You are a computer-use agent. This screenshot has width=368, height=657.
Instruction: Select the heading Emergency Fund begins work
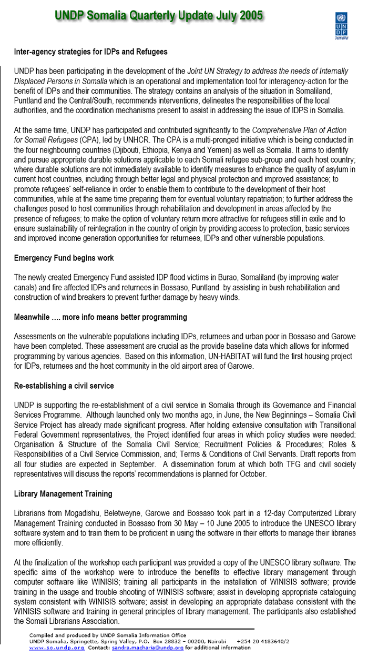pyautogui.click(x=64, y=258)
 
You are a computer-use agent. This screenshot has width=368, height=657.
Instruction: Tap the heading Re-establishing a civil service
pyautogui.click(x=64, y=386)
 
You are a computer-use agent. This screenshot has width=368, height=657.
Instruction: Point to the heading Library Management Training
pyautogui.click(x=63, y=494)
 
